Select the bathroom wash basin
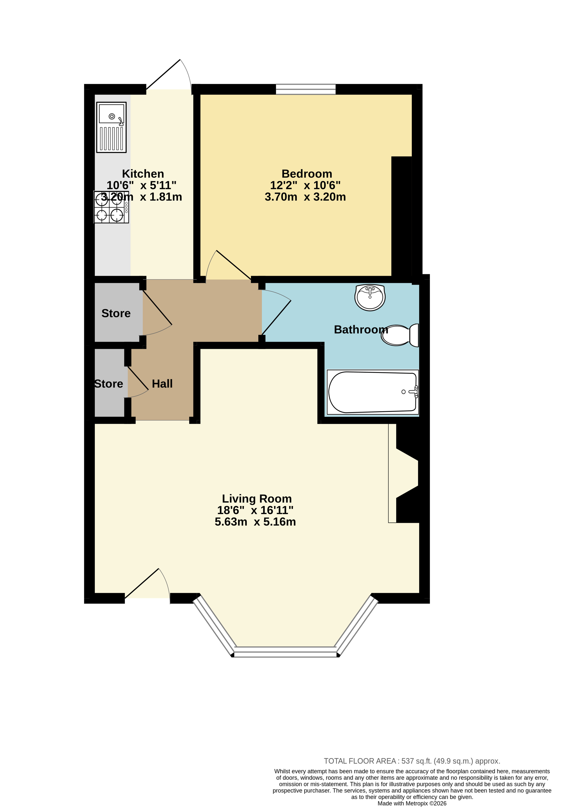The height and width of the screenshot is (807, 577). pyautogui.click(x=370, y=297)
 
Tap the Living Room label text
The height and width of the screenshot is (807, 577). pyautogui.click(x=257, y=499)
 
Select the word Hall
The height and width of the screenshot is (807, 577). pyautogui.click(x=162, y=384)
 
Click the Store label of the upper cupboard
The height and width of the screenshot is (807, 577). pyautogui.click(x=116, y=313)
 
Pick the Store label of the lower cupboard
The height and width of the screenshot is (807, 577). pyautogui.click(x=109, y=384)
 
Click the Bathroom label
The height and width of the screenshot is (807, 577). pyautogui.click(x=361, y=330)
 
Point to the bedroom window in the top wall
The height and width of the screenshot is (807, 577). pyautogui.click(x=306, y=89)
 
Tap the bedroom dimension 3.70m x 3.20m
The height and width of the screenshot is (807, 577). pyautogui.click(x=305, y=197)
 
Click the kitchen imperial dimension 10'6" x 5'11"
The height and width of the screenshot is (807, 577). pyautogui.click(x=141, y=185)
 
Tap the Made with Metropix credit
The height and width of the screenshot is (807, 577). pyautogui.click(x=412, y=803)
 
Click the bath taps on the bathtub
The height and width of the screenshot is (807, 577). pyautogui.click(x=413, y=392)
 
